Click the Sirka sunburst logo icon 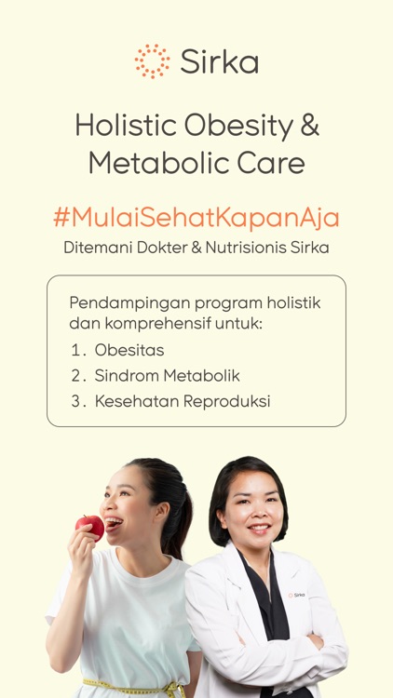click(152, 61)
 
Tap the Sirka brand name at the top click(219, 62)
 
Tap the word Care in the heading click(269, 164)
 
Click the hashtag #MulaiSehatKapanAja click(196, 217)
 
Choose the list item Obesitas click(129, 350)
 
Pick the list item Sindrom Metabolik click(167, 376)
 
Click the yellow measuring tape click(130, 688)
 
